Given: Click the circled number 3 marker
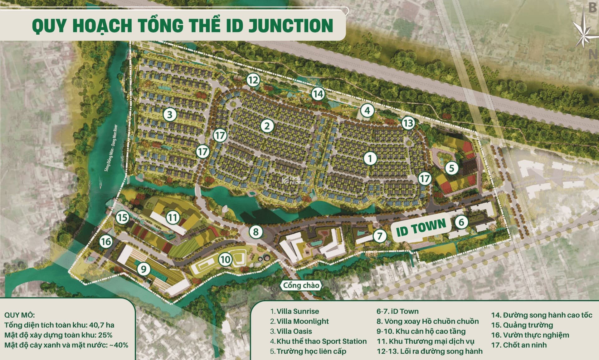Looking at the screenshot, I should tap(170, 114).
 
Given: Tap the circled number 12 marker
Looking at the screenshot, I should tap(253, 80).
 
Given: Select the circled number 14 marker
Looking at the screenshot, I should tap(318, 94).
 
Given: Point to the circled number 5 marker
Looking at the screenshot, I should tap(451, 168).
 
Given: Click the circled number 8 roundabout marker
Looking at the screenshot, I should tap(256, 232).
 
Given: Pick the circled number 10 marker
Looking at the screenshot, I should tap(225, 259).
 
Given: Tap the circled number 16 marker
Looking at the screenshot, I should tap(106, 241).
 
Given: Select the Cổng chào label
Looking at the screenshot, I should tap(301, 285).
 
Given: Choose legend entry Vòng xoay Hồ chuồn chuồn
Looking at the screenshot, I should tap(427, 321).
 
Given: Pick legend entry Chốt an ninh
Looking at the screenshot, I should tap(519, 345).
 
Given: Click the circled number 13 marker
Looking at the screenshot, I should tap(408, 123).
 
